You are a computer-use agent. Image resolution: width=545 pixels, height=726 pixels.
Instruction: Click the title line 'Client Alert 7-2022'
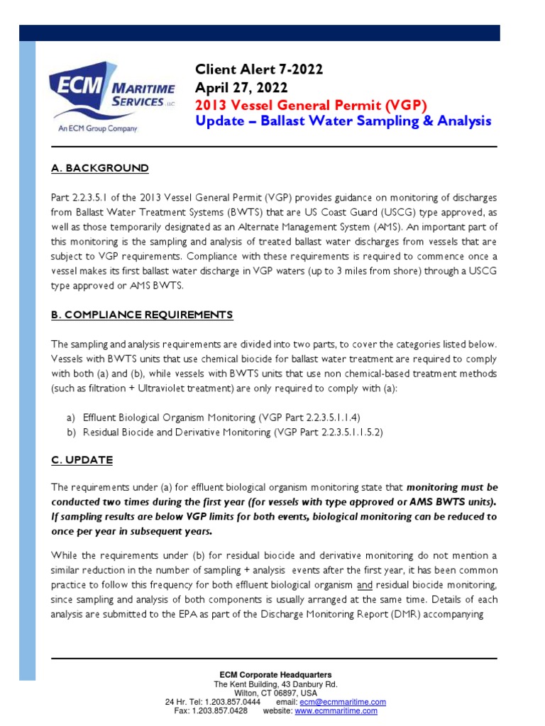259,69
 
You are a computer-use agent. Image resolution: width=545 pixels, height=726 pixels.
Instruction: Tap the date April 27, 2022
241,87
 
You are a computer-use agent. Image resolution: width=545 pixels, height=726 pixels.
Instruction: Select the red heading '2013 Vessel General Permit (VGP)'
312,105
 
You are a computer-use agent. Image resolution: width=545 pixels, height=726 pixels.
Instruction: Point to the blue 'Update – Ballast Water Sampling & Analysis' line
343,121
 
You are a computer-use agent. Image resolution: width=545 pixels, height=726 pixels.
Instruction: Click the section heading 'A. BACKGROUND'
100,168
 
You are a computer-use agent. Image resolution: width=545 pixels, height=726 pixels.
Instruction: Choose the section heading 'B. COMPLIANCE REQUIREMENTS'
142,314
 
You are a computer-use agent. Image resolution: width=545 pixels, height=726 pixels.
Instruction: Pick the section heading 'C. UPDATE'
82,460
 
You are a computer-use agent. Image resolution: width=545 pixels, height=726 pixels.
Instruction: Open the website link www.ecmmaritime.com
336,711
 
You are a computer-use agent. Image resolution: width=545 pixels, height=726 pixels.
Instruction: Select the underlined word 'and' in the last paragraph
365,586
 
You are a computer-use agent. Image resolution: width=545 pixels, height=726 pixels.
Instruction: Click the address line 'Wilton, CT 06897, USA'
276,693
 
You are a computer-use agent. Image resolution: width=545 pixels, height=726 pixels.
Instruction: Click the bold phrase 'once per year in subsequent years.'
131,531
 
